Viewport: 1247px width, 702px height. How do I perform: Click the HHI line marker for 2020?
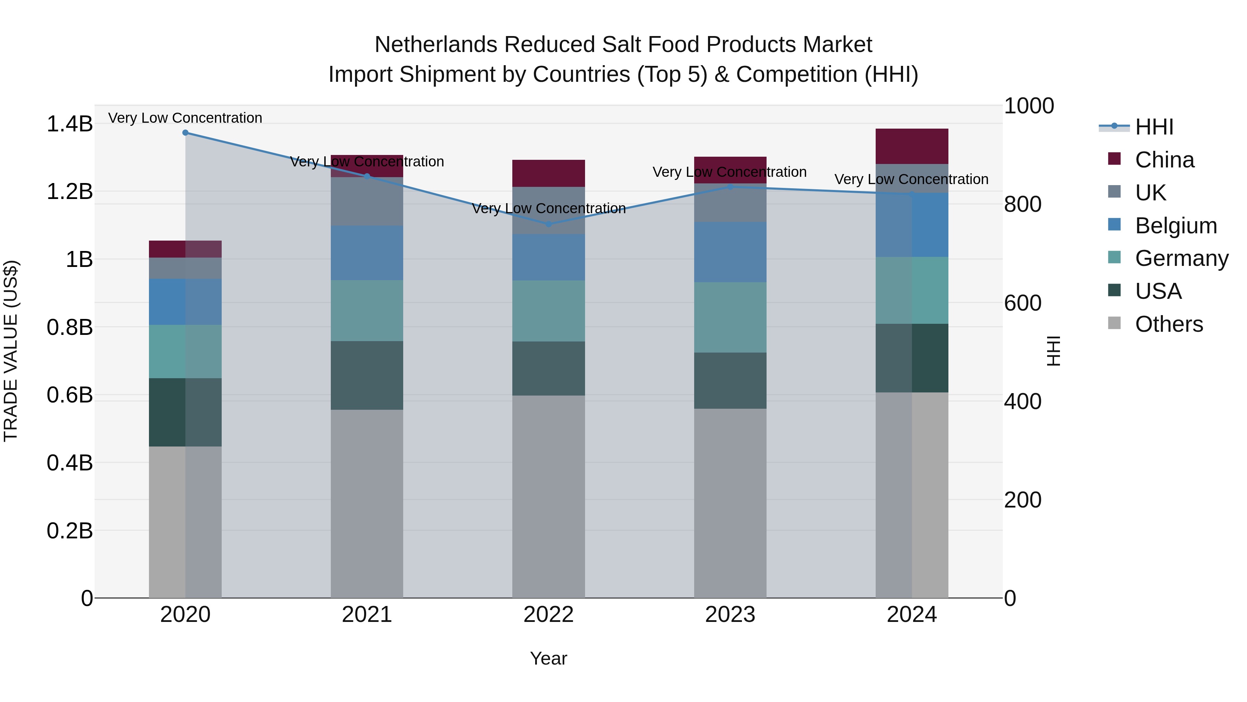click(x=185, y=133)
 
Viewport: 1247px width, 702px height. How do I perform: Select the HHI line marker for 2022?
click(x=548, y=224)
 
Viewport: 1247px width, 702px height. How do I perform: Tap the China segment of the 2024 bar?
click(x=912, y=146)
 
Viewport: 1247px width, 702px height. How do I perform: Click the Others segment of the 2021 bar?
click(x=367, y=504)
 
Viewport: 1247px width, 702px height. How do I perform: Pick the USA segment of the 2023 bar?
click(x=730, y=380)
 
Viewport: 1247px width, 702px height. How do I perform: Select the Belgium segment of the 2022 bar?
click(x=548, y=257)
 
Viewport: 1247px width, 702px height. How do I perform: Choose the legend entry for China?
click(x=1164, y=160)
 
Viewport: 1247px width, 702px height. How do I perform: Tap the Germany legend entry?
click(x=1181, y=258)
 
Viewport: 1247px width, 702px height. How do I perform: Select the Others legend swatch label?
click(x=1169, y=324)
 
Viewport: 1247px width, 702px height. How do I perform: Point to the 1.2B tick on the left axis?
click(x=69, y=192)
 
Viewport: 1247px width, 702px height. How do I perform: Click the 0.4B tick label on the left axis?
click(x=69, y=463)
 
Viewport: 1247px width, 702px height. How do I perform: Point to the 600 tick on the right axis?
click(x=1023, y=303)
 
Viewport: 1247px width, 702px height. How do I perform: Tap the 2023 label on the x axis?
click(x=730, y=615)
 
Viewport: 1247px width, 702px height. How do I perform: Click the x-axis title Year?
click(x=548, y=658)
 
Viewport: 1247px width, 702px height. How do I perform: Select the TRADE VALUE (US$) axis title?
click(x=11, y=351)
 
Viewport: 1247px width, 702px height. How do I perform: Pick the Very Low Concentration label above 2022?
click(x=548, y=208)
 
